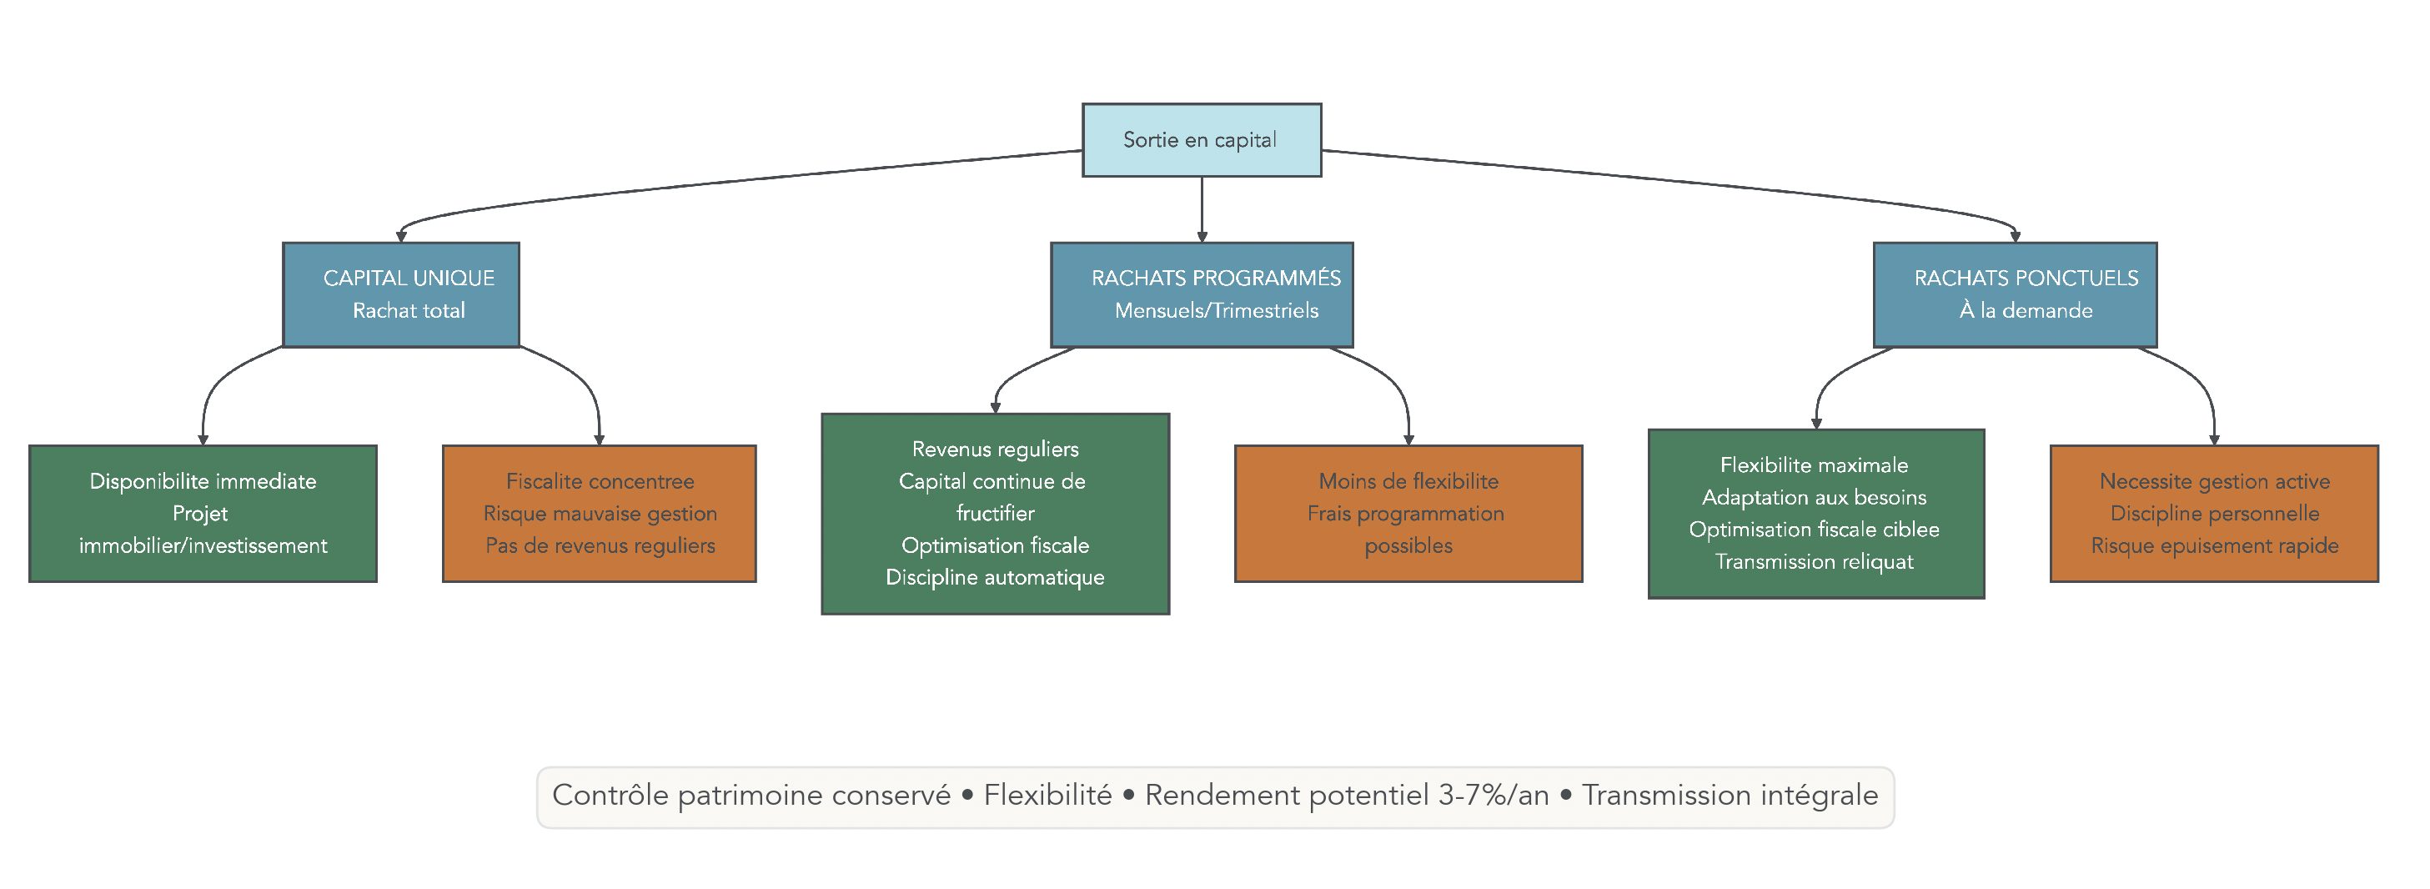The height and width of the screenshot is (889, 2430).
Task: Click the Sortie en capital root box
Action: (x=1201, y=139)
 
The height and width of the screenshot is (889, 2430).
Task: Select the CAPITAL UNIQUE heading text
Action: (x=409, y=279)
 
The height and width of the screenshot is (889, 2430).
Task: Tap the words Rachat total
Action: (x=409, y=310)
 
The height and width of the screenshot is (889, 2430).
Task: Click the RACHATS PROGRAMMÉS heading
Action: (x=1215, y=279)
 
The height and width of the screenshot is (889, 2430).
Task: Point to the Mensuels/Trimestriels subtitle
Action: (x=1216, y=310)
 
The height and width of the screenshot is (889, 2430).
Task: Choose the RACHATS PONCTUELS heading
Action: (x=2026, y=279)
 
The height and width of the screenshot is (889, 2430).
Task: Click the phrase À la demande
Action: (x=2026, y=310)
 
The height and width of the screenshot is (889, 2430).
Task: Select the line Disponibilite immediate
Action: (x=203, y=481)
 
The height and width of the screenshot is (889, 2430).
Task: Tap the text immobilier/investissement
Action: (x=203, y=545)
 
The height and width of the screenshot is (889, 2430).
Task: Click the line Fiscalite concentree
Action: (x=600, y=481)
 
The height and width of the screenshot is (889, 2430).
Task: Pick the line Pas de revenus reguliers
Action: (x=600, y=545)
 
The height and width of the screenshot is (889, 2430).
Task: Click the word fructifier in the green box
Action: (x=994, y=514)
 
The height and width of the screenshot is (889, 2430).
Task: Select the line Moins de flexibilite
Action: (x=1408, y=481)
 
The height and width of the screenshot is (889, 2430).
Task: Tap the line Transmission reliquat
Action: (x=1813, y=561)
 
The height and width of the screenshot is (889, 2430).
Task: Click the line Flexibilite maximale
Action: (x=1813, y=465)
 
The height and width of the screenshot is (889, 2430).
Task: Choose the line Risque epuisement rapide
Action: (x=2214, y=545)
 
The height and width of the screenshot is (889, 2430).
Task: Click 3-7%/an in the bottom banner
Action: (x=1494, y=796)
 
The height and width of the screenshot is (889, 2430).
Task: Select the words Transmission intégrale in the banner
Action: (x=1730, y=796)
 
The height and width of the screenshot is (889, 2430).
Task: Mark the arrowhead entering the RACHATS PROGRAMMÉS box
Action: (x=1202, y=237)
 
